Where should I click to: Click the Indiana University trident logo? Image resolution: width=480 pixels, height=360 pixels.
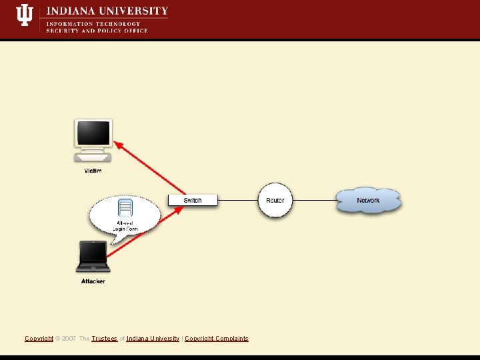24,15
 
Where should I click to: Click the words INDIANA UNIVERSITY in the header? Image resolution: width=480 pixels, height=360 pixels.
107,11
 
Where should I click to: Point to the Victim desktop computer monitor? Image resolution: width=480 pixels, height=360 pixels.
93,134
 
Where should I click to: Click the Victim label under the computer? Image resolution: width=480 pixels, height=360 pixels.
93,171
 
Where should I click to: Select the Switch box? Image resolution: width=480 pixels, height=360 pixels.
193,200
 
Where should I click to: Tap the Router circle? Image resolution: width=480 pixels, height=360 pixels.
275,200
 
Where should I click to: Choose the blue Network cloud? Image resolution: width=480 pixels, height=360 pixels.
368,200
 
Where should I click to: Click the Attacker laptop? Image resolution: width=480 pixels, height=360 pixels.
93,257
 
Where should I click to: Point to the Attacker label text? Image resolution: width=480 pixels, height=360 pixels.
93,281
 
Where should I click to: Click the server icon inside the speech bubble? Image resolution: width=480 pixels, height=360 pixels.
125,207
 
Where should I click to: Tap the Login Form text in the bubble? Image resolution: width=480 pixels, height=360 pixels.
125,229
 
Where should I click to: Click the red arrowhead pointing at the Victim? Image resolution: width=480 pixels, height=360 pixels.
119,143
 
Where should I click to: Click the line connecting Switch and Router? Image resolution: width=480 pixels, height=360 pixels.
238,200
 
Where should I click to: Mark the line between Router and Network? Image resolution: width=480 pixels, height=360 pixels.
314,200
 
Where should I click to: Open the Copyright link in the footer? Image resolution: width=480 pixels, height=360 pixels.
39,339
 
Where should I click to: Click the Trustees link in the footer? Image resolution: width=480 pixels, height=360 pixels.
105,339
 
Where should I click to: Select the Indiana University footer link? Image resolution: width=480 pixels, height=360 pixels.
153,339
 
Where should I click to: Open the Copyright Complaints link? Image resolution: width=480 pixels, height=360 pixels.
216,339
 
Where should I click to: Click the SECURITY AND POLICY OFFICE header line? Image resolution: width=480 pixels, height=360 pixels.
97,31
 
